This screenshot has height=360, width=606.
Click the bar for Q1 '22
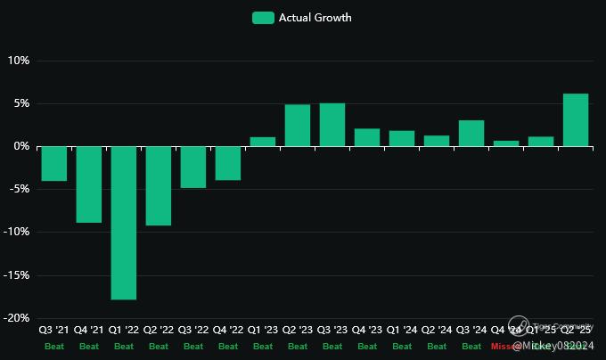pos(124,223)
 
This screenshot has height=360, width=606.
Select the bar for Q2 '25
pos(576,119)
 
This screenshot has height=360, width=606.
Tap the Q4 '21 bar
pos(88,184)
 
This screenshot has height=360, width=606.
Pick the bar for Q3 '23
pos(332,125)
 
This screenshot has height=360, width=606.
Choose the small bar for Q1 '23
pos(263,142)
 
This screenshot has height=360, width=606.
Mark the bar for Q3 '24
pos(471,133)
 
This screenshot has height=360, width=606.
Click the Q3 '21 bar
pos(53,163)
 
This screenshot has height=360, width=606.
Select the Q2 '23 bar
pos(298,126)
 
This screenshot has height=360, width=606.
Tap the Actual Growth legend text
pos(315,18)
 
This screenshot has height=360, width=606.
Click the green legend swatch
pos(263,18)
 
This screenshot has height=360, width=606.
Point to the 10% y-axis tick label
pos(19,61)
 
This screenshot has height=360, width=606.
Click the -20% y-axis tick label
pos(17,318)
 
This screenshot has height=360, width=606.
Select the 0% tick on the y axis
pos(21,146)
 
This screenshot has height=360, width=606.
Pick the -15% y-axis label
pos(17,275)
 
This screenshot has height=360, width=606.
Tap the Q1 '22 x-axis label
pos(124,330)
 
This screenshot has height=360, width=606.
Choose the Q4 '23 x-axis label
pos(367,330)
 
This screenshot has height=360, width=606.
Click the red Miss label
pos(502,346)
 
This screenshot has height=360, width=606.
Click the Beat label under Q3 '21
pos(53,346)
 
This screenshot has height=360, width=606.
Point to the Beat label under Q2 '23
pos(298,346)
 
